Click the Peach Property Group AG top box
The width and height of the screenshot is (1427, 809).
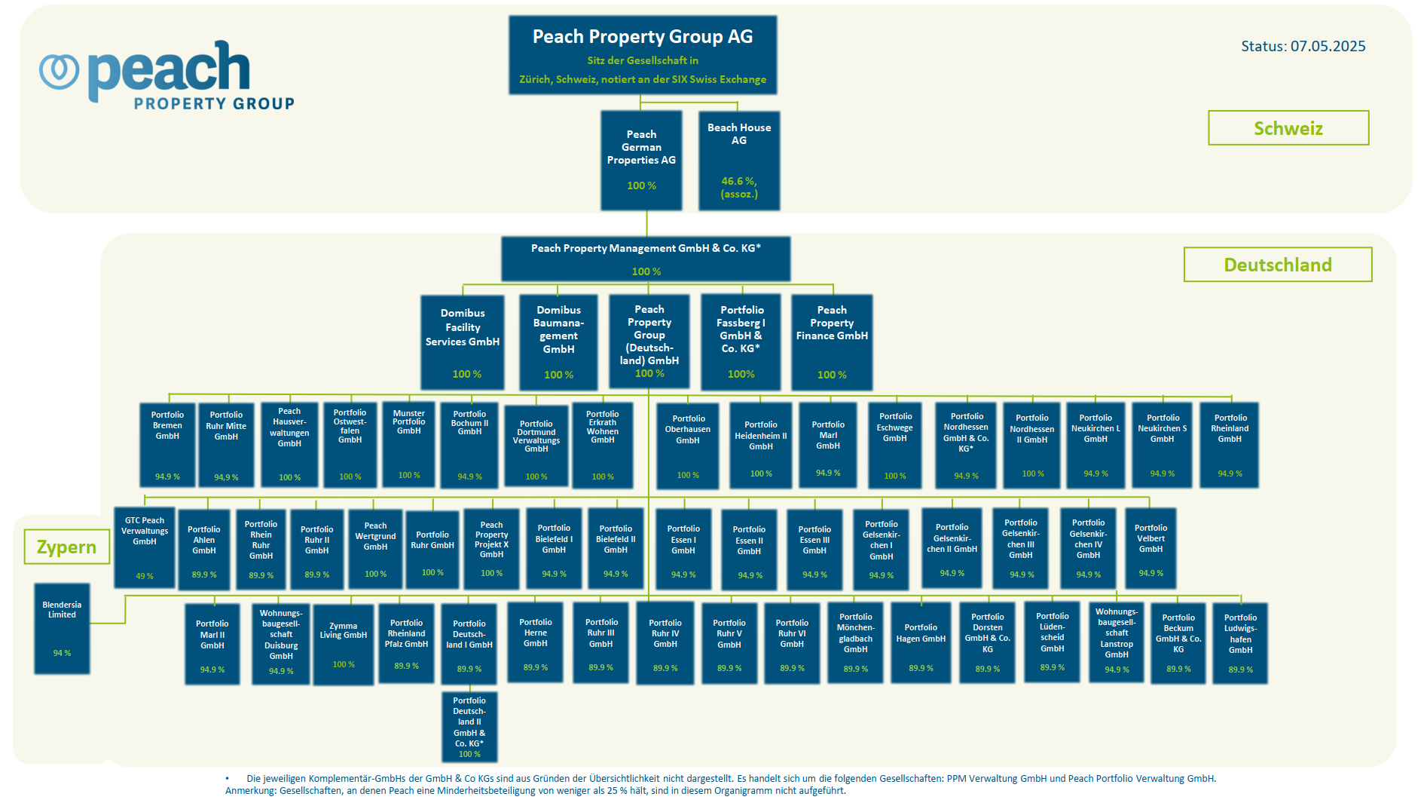(x=643, y=55)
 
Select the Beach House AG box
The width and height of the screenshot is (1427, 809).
(x=739, y=161)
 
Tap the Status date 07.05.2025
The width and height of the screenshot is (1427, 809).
(x=1328, y=46)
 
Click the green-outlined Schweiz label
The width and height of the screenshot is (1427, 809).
(x=1288, y=128)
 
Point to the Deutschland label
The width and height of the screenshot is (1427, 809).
(x=1278, y=265)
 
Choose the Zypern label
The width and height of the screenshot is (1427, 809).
(x=67, y=547)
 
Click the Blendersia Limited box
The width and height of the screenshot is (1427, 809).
(x=62, y=628)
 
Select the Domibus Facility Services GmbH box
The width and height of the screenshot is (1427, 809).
(x=463, y=342)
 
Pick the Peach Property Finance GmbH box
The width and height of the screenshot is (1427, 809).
(x=832, y=342)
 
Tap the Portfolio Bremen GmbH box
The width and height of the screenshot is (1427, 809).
(x=167, y=444)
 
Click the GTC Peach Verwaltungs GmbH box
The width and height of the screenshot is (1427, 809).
(x=145, y=547)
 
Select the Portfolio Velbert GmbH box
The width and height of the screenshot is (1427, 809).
(x=1150, y=547)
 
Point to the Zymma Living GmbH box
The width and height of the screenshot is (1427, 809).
(x=344, y=645)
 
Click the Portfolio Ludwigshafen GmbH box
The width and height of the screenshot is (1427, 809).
(x=1240, y=643)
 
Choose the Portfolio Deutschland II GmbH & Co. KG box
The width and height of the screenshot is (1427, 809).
(x=469, y=727)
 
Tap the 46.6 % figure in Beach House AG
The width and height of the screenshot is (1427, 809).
(x=739, y=181)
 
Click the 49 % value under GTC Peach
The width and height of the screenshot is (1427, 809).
(x=145, y=576)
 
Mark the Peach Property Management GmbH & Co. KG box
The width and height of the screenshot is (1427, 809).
(x=646, y=259)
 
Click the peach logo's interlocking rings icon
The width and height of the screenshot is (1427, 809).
(x=60, y=71)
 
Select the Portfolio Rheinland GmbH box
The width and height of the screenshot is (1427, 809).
(x=1230, y=445)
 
